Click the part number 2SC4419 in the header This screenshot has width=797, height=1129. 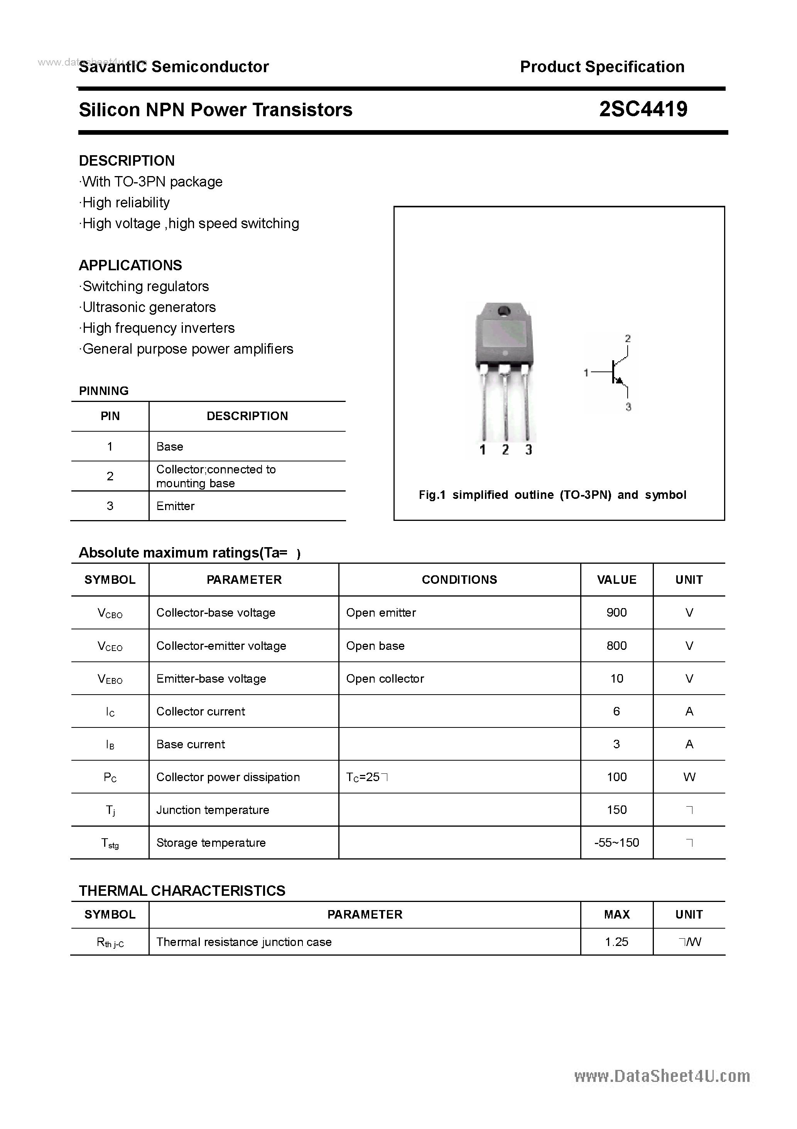[643, 109]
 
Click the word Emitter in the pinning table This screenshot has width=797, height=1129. [176, 506]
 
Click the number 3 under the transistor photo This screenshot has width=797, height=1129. [528, 449]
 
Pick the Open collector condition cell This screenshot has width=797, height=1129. [385, 678]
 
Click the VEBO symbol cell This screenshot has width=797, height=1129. [110, 679]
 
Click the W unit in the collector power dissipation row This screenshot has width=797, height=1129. [689, 777]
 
